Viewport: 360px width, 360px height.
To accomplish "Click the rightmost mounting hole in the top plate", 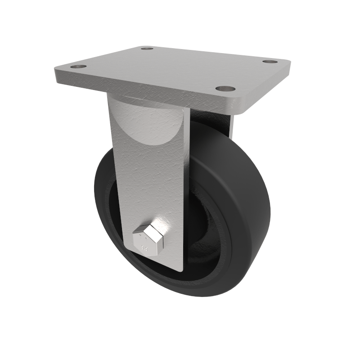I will point(269,61).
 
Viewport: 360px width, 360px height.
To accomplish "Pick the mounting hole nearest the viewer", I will point(225,89).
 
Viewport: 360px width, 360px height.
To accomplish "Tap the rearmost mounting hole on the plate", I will point(147,48).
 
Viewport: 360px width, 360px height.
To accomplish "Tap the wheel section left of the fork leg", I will point(106,198).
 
